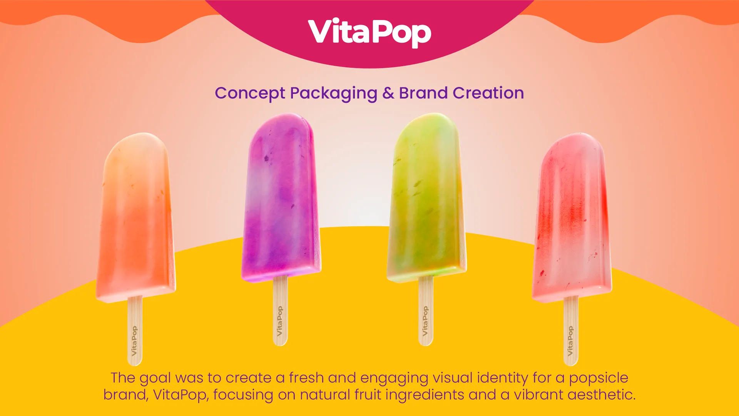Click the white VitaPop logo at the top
[369, 32]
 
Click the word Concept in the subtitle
[250, 94]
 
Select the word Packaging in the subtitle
[333, 94]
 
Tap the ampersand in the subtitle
[388, 93]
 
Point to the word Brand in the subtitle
[423, 93]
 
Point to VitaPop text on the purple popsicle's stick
[280, 321]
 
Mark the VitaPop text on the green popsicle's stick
[425, 321]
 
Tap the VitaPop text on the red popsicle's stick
[570, 341]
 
